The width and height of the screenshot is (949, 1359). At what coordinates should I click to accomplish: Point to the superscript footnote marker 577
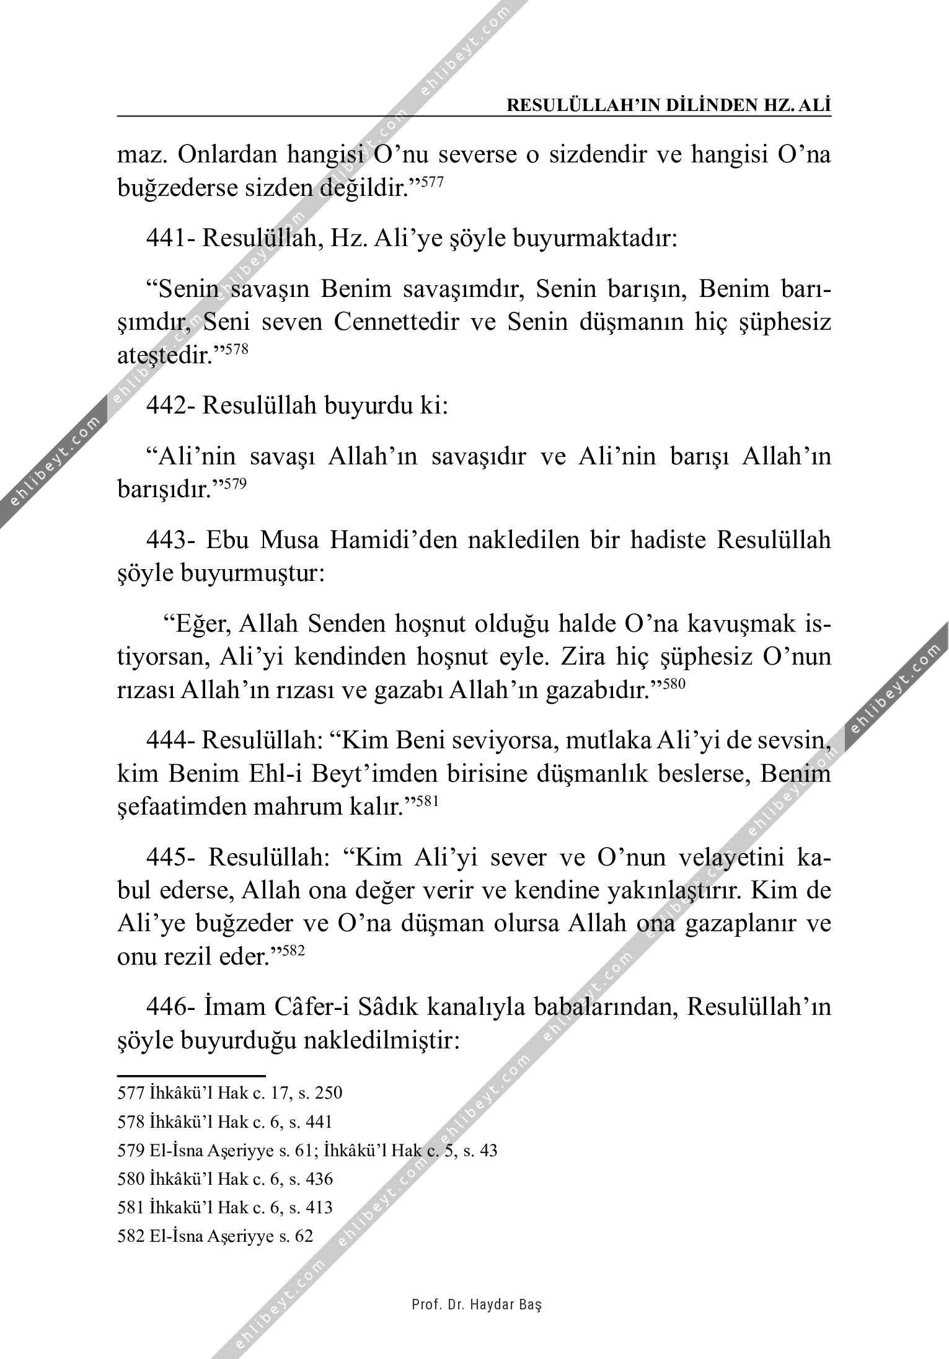(x=432, y=182)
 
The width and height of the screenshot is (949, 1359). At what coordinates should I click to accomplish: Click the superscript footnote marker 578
(x=237, y=350)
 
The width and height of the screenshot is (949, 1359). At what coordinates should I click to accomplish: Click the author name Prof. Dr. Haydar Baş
(x=477, y=1304)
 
